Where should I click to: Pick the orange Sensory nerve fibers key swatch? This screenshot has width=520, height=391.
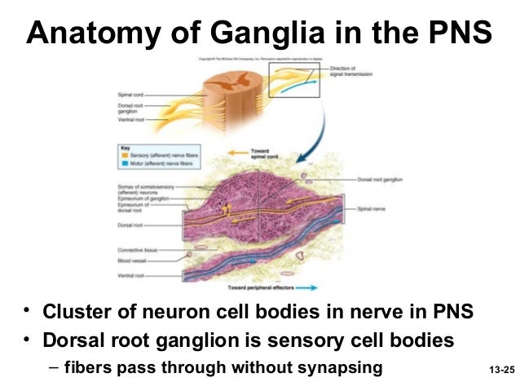coord(122,153)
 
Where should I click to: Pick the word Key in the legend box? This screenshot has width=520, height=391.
coord(123,147)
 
